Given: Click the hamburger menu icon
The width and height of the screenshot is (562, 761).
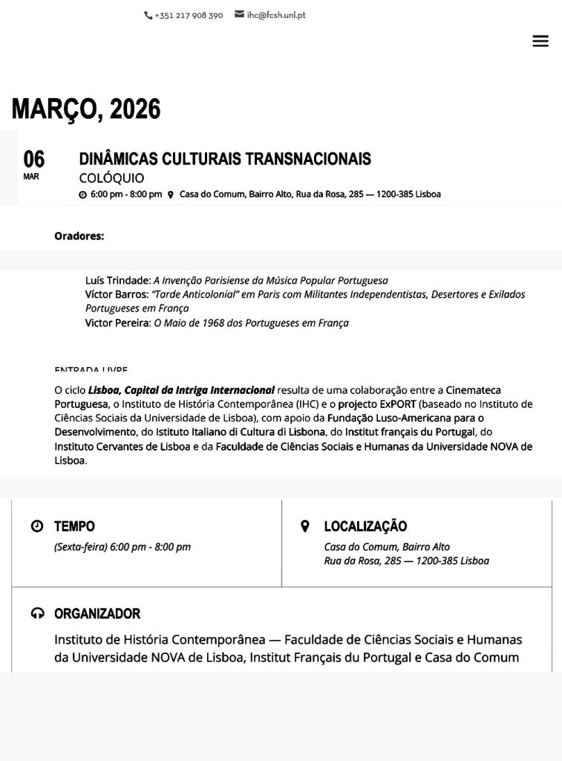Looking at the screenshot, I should click(540, 42).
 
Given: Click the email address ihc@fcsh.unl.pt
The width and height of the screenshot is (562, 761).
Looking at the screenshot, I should click(275, 15).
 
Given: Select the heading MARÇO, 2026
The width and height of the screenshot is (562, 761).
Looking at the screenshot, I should click(86, 109).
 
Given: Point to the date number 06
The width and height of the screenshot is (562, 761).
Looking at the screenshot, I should click(33, 159).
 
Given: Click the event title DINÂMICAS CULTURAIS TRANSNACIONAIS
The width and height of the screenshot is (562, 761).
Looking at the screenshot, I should click(225, 159).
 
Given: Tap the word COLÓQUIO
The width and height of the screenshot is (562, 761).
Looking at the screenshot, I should click(111, 178).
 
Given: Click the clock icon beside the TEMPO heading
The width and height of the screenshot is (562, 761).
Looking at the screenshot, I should click(37, 526).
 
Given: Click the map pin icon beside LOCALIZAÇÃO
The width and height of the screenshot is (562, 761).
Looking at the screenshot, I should click(304, 526).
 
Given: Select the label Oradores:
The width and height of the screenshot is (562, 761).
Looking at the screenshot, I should click(79, 236).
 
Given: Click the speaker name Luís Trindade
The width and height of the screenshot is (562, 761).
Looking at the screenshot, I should click(117, 281).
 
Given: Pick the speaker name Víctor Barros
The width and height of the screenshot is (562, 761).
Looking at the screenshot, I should click(116, 294).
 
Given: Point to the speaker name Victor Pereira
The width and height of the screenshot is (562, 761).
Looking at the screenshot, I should click(117, 323).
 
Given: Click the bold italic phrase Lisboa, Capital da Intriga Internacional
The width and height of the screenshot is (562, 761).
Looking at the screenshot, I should click(181, 390).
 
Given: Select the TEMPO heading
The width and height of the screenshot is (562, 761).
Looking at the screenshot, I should click(74, 526).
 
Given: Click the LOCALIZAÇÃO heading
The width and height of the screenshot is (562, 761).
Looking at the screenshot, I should click(365, 526).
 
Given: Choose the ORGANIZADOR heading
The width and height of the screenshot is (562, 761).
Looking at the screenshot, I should click(97, 614).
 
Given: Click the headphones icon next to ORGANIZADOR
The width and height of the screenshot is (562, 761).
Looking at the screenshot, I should click(37, 614).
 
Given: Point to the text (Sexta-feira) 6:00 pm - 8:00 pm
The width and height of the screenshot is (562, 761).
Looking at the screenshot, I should click(122, 547).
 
